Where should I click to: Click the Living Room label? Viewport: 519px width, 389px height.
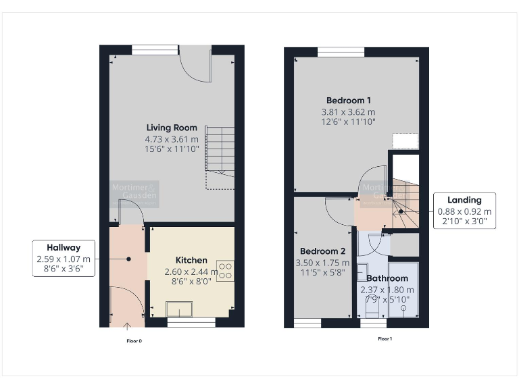click(172, 128)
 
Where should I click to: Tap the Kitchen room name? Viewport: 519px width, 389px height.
click(191, 260)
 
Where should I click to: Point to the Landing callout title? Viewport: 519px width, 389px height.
click(464, 200)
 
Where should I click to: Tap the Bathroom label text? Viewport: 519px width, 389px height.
click(387, 278)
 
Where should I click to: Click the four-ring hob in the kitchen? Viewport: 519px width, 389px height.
click(224, 271)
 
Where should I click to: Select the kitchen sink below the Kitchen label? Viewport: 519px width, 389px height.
click(179, 309)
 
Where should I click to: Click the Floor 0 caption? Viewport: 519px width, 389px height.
click(134, 341)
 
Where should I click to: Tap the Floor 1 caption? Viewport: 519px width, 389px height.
click(385, 338)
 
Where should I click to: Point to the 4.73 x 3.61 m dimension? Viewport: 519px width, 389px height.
click(172, 139)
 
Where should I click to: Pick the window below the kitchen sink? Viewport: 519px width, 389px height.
click(191, 322)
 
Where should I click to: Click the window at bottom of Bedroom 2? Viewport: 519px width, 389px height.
click(307, 323)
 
